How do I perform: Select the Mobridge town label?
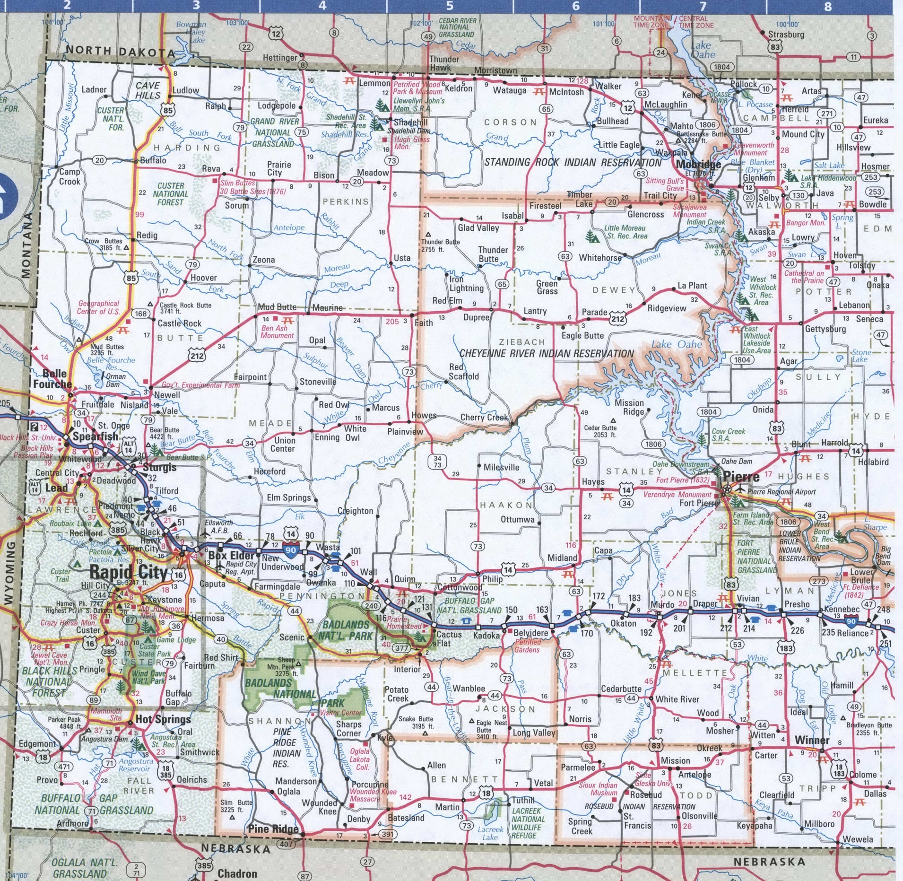[698, 164]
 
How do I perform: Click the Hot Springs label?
[163, 719]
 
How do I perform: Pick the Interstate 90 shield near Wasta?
[291, 550]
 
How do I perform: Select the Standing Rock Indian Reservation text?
[573, 163]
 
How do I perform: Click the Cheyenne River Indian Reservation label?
[547, 353]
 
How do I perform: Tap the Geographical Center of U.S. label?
[99, 307]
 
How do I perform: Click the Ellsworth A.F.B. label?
[218, 526]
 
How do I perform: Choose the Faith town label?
[423, 323]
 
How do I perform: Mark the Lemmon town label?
[375, 83]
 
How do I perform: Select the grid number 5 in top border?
[450, 6]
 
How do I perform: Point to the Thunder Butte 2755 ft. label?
[440, 245]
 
